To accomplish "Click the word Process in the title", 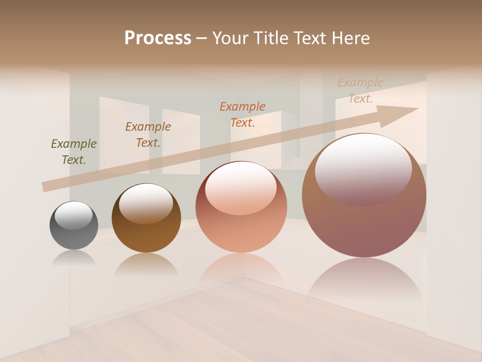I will click(158, 38).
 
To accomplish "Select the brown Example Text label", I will click(148, 135).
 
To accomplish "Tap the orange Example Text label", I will click(243, 114).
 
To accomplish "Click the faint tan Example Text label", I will click(360, 90).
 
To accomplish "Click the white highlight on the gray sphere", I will click(74, 215).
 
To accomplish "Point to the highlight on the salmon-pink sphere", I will click(240, 188).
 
